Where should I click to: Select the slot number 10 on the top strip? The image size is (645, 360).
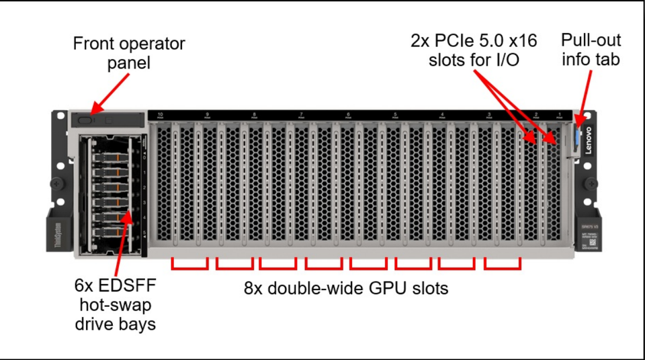(x=160, y=115)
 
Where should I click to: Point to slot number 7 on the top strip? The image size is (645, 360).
(x=301, y=115)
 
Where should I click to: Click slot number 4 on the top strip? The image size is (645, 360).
(x=441, y=115)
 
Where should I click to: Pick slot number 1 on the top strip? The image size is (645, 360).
(x=560, y=115)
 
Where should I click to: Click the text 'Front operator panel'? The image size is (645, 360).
(x=128, y=54)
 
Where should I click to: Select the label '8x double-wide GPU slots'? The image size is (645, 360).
(x=345, y=289)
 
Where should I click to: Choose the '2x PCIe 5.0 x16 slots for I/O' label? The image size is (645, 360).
(x=474, y=50)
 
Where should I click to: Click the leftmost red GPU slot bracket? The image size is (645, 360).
(x=190, y=264)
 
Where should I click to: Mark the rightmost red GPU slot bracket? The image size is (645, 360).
(x=502, y=264)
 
